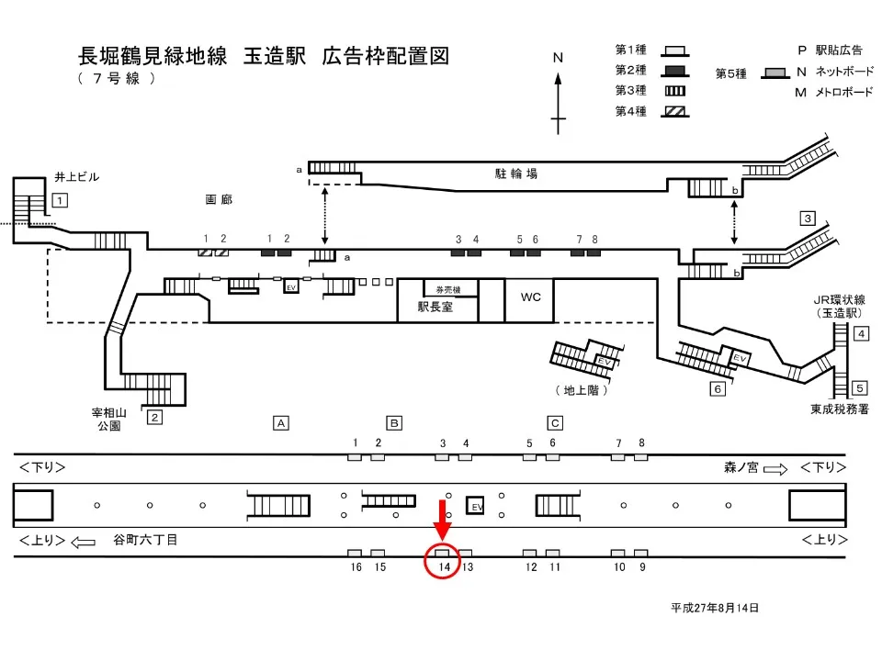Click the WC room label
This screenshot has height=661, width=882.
[531, 297]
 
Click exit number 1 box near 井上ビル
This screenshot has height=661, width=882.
[60, 200]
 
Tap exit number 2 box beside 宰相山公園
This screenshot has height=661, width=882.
[155, 418]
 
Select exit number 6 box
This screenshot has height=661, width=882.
[718, 389]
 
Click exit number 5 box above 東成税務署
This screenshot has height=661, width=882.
[860, 387]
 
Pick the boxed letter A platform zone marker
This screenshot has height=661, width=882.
[282, 423]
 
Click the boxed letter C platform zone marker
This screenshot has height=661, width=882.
[554, 423]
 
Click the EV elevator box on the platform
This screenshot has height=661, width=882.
[477, 507]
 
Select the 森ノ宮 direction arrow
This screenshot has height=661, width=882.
[775, 469]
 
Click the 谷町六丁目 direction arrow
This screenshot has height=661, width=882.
[84, 541]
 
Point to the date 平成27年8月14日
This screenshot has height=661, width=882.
[715, 608]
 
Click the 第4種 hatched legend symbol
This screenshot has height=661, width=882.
[675, 111]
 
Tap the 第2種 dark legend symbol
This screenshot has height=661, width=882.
[675, 71]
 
